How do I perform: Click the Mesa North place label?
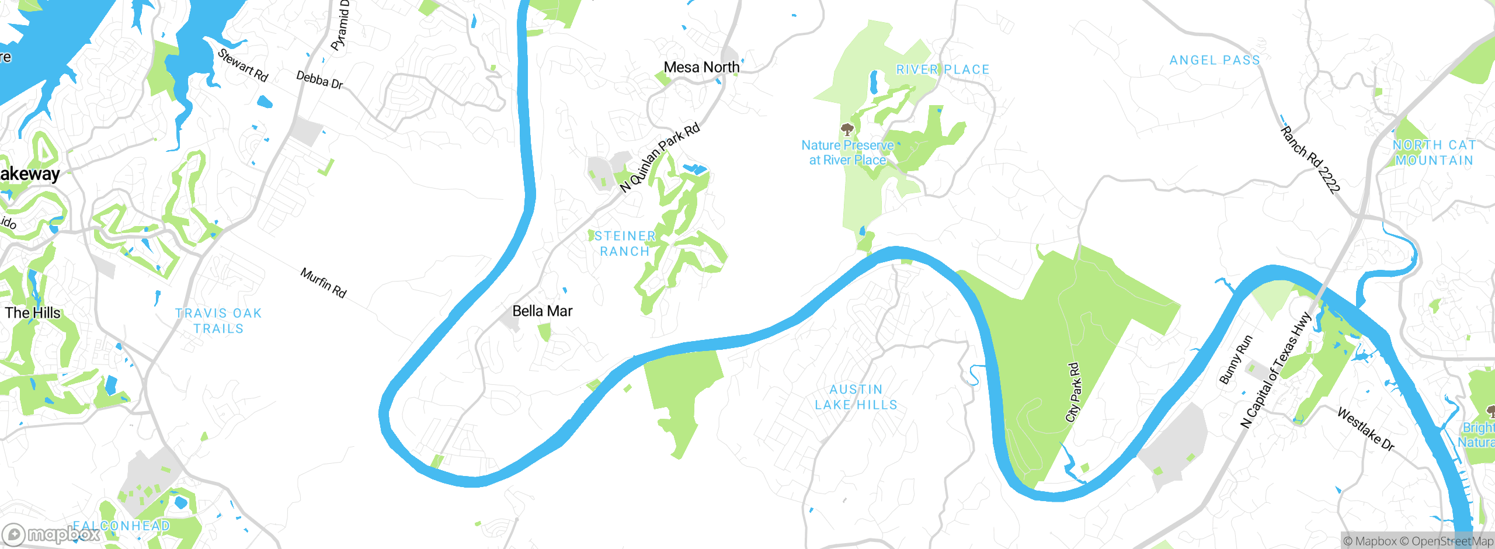(x=701, y=68)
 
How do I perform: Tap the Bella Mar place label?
(x=542, y=311)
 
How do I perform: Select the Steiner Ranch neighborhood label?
(x=625, y=244)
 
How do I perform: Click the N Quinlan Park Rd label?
(x=659, y=158)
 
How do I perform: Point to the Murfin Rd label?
(x=324, y=283)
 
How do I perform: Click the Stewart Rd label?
(x=243, y=65)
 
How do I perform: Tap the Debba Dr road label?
(x=319, y=80)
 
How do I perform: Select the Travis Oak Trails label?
(x=218, y=321)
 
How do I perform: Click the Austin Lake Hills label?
(x=856, y=397)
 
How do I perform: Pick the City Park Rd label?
(x=1073, y=392)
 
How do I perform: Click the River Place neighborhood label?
(x=943, y=70)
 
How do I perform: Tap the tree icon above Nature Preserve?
(x=847, y=129)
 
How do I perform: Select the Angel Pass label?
(x=1215, y=61)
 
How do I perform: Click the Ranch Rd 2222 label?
(x=1310, y=159)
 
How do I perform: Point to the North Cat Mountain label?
(x=1434, y=152)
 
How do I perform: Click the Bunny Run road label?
(x=1236, y=360)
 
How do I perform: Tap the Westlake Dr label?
(x=1365, y=429)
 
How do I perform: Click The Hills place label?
(x=33, y=313)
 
